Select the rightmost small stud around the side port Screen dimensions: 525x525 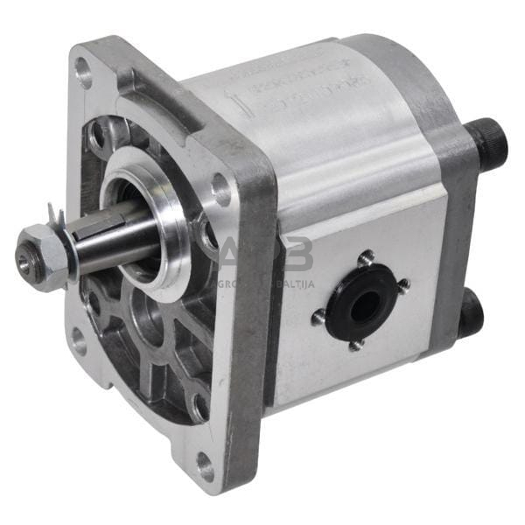403,284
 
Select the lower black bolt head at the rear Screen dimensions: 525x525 471,313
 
